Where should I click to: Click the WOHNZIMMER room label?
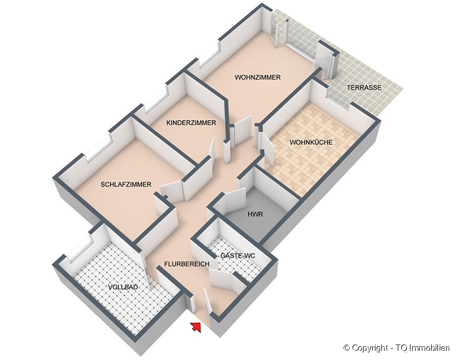[258, 77]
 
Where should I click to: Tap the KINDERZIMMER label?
[191, 122]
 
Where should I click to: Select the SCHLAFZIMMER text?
[126, 184]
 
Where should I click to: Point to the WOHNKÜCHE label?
[311, 142]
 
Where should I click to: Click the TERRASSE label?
[364, 88]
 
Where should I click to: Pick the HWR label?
[255, 214]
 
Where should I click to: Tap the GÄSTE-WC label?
[238, 256]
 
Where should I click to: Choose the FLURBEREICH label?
[187, 264]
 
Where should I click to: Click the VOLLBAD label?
[123, 287]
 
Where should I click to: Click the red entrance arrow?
[196, 327]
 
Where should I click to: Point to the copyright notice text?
[397, 348]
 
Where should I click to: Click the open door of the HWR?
[235, 201]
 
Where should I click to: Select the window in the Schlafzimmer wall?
[98, 149]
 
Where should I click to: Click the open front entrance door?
[208, 301]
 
